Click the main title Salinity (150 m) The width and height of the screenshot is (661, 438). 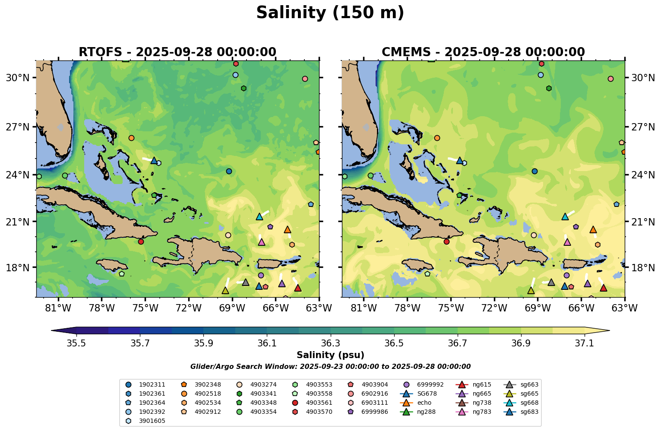tap(330, 13)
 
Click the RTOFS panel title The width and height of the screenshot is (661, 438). tap(177, 52)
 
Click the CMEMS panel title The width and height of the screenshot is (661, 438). tap(483, 52)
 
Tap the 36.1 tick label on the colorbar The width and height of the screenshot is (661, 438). tap(267, 343)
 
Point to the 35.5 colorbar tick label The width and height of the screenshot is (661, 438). tap(76, 343)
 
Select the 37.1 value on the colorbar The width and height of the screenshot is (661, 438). tap(585, 343)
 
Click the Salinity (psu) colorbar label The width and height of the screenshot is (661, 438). tap(330, 355)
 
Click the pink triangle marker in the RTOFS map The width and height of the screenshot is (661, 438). tap(262, 242)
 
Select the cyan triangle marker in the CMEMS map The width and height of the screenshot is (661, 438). tap(565, 216)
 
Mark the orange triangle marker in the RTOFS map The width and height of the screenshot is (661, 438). tap(288, 229)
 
